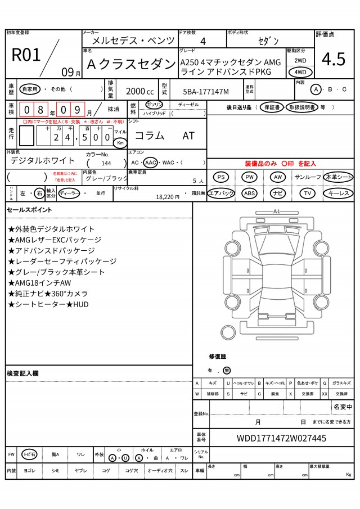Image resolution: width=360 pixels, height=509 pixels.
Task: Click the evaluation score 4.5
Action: (334, 58)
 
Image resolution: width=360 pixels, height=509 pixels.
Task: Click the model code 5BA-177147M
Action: (206, 91)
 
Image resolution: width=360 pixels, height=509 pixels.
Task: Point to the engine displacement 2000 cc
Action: (139, 91)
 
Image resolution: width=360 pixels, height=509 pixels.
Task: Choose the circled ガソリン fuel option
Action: (154, 105)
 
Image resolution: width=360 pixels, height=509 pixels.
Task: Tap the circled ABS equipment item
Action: (249, 193)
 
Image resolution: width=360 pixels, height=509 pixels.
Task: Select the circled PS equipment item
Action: (222, 177)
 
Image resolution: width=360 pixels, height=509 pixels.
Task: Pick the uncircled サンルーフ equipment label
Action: (307, 177)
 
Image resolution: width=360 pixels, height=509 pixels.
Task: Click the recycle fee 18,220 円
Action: (168, 197)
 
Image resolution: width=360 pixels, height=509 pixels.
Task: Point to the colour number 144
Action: (106, 163)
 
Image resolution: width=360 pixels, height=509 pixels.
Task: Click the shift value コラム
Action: (149, 136)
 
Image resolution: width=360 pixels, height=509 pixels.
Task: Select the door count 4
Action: (202, 41)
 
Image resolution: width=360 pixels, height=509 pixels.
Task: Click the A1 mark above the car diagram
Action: (277, 211)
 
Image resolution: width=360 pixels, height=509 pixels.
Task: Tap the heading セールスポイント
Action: (29, 210)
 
